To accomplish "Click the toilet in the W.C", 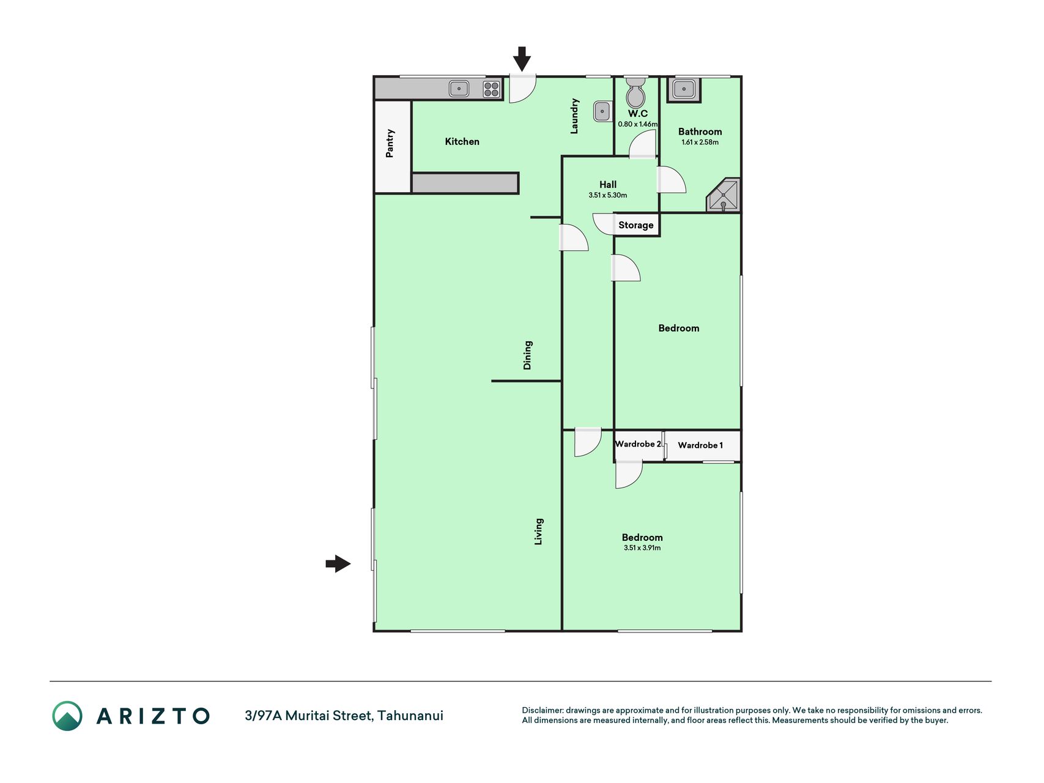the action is (x=636, y=92).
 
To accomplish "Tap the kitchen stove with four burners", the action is (x=492, y=89).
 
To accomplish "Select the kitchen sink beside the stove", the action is (x=459, y=89).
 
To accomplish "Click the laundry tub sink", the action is (x=602, y=111).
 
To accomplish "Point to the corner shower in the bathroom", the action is (x=724, y=196).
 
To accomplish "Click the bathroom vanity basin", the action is (x=684, y=89).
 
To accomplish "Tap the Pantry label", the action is (x=390, y=143).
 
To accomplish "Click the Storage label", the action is (x=636, y=225).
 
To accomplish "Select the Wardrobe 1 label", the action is (x=700, y=445).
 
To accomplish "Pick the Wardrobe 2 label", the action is (x=638, y=444).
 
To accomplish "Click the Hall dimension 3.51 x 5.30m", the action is (x=608, y=195).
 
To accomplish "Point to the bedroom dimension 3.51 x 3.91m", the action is (x=642, y=548).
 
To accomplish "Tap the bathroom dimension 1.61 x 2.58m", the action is (x=700, y=143).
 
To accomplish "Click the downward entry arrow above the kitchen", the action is (x=522, y=59).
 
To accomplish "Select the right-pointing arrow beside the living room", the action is (x=338, y=563).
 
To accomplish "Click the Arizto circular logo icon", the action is (x=67, y=716).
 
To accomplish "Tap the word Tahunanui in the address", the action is (x=410, y=716).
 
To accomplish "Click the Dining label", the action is (x=527, y=355).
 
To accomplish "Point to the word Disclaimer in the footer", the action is (x=542, y=710).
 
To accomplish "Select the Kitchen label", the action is (x=462, y=141).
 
